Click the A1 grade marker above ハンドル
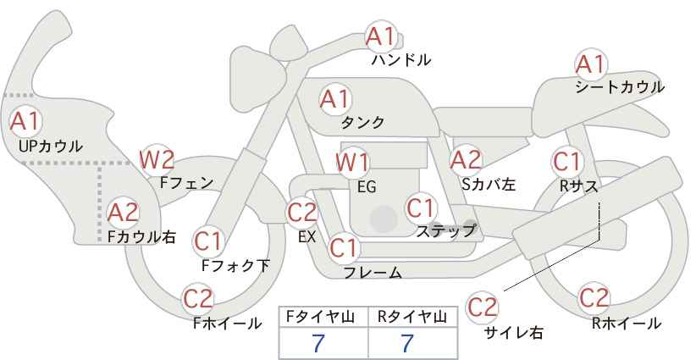click(x=381, y=36)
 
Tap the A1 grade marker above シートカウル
click(x=590, y=64)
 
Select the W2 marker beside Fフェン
click(x=157, y=160)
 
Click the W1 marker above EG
click(x=352, y=163)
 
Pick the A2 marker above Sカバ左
click(x=466, y=161)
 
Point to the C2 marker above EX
click(x=302, y=213)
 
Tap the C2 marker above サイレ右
click(x=482, y=307)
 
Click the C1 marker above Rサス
click(x=567, y=162)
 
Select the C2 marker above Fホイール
click(x=198, y=299)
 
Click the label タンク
click(x=362, y=123)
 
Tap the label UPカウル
click(x=51, y=146)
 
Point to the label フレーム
click(x=373, y=272)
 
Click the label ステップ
click(x=445, y=231)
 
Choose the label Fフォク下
click(x=235, y=265)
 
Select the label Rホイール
click(x=627, y=324)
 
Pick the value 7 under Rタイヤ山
click(x=407, y=343)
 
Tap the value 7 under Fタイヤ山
click(x=318, y=343)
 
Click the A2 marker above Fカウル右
click(x=123, y=213)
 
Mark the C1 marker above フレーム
click(x=344, y=248)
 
